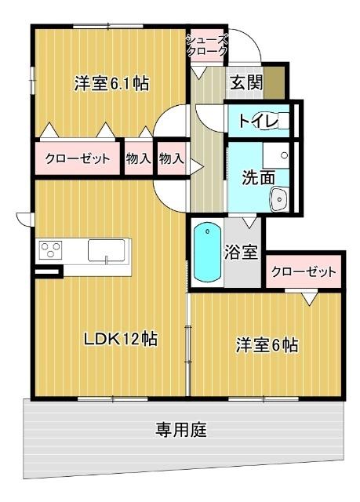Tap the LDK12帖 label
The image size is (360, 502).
tap(121, 339)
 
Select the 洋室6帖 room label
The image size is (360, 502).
tap(267, 344)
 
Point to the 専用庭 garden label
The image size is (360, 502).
tap(181, 430)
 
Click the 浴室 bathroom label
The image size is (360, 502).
tap(241, 253)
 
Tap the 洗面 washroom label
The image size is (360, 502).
tap(258, 178)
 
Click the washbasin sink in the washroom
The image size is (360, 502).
tap(279, 201)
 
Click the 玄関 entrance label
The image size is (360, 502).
tap(244, 80)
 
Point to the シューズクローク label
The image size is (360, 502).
tap(208, 45)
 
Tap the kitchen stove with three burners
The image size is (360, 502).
tap(51, 251)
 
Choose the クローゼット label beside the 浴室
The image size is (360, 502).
tap(304, 271)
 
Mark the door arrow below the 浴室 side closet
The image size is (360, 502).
tap(310, 297)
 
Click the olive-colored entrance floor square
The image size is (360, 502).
tap(275, 80)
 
